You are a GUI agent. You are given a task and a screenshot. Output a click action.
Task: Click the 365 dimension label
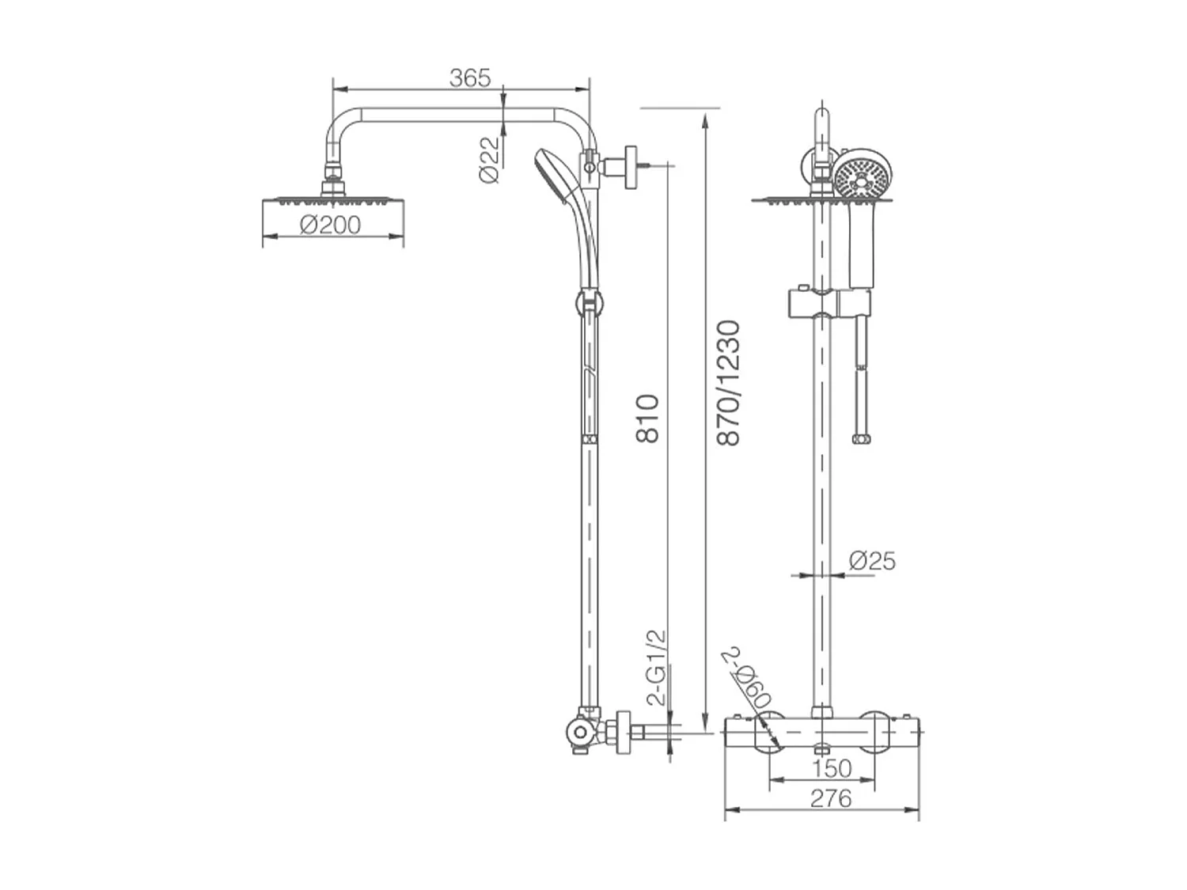[x=469, y=78]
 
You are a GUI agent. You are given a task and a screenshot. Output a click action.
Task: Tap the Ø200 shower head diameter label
[x=330, y=225]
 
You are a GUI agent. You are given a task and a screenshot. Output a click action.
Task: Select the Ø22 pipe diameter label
[x=489, y=160]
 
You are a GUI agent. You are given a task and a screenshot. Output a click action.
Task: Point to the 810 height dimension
[x=647, y=418]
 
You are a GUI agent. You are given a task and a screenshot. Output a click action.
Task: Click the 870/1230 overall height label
[x=728, y=383]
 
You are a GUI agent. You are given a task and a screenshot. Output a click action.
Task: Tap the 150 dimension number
[x=832, y=768]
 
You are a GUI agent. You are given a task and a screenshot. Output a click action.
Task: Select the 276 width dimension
[x=831, y=798]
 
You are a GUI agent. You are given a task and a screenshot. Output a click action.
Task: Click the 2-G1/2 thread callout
[x=657, y=668]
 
